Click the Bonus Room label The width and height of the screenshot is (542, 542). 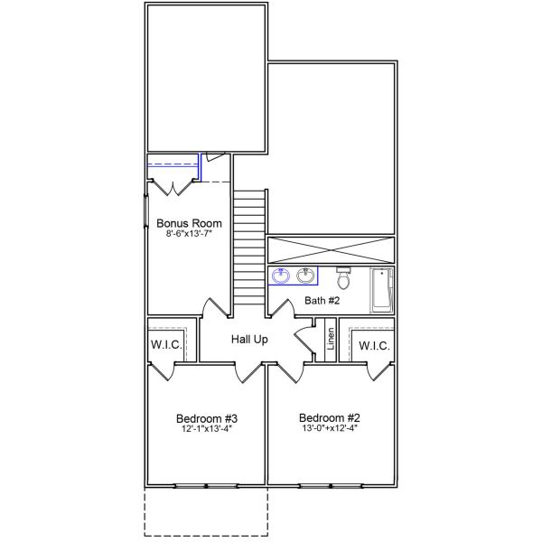click(x=190, y=222)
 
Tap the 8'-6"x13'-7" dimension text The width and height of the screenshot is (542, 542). click(x=190, y=234)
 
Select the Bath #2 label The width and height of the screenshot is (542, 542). click(x=321, y=301)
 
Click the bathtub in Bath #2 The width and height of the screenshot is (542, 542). click(x=382, y=289)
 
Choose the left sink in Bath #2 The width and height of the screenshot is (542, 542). click(x=279, y=276)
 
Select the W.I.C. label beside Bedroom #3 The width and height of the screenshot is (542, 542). click(x=166, y=346)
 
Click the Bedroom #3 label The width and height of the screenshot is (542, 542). click(x=206, y=418)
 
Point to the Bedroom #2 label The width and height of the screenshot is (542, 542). click(x=330, y=418)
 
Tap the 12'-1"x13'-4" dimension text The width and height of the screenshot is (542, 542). click(x=206, y=430)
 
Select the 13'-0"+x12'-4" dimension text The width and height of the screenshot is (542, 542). click(x=330, y=430)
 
